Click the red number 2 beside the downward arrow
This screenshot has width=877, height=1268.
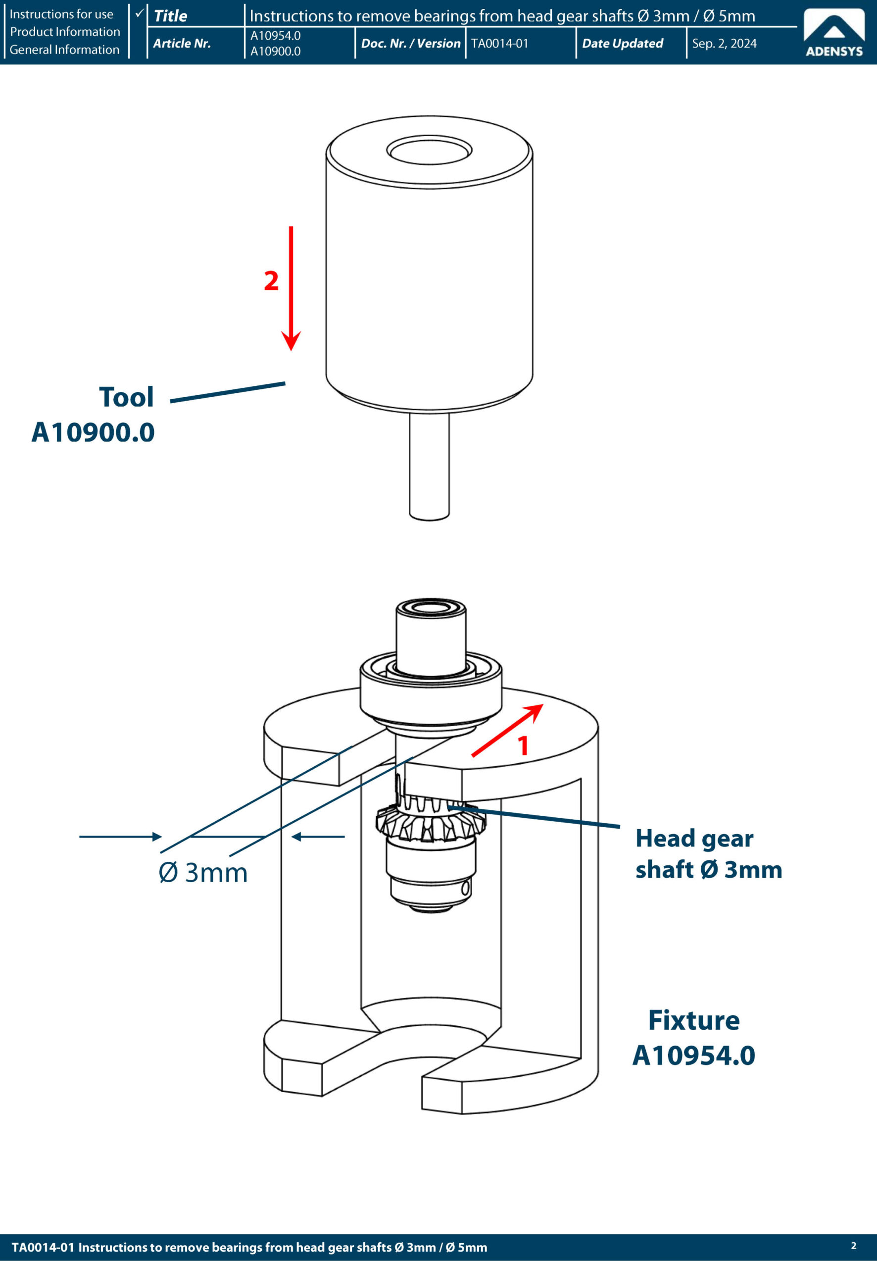point(271,281)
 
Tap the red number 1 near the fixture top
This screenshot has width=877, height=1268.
point(523,746)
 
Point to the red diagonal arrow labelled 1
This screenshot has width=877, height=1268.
point(506,731)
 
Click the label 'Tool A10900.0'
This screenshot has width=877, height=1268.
point(94,415)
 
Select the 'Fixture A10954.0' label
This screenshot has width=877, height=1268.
point(693,1038)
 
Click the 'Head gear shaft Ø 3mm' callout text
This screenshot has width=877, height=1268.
point(708,854)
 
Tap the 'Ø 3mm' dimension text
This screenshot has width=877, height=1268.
point(203,873)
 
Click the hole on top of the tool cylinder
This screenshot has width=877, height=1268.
point(429,150)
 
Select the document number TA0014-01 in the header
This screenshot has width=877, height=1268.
point(499,44)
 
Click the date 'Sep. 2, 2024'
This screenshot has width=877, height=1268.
point(724,44)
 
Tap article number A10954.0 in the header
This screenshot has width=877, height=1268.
point(275,36)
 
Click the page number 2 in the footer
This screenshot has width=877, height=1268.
point(853,1245)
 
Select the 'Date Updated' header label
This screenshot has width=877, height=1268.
point(622,44)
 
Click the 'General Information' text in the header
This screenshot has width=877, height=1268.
point(64,50)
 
